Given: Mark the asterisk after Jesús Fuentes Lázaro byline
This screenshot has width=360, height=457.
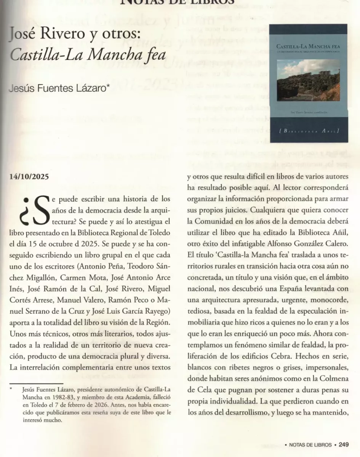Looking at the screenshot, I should tap(109, 86).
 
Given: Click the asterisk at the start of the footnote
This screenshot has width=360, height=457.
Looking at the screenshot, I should tap(11, 389).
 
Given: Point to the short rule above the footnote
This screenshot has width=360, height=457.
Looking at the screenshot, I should tap(36, 383).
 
